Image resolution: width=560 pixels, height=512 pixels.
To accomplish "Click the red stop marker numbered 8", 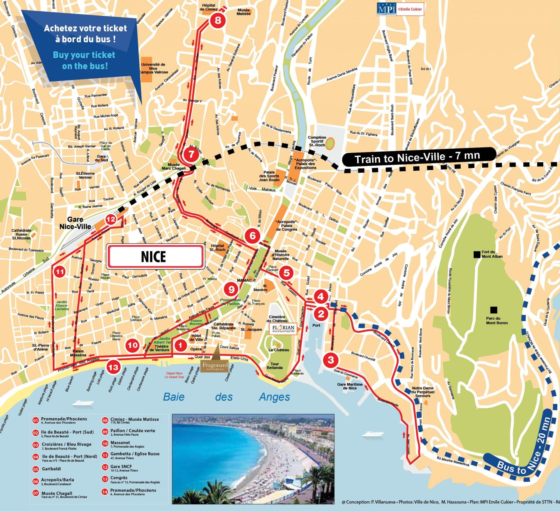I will (x=218, y=21).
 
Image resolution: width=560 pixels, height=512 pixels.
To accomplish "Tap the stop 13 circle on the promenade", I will (x=113, y=367).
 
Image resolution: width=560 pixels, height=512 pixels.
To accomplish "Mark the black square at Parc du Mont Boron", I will (x=493, y=310).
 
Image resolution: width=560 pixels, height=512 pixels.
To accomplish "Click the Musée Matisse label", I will (x=244, y=12).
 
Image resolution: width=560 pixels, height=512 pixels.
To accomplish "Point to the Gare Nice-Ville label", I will (x=75, y=223).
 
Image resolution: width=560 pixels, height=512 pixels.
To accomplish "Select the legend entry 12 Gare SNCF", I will (x=121, y=466).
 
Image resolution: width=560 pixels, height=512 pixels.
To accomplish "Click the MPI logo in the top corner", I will (x=383, y=9).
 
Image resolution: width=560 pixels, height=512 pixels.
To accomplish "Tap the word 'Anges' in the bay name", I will (x=274, y=397).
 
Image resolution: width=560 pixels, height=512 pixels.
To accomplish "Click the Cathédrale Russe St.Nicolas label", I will (x=21, y=234).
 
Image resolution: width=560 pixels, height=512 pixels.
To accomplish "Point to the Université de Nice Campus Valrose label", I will (x=153, y=68).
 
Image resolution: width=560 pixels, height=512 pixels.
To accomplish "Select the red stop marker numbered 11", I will (x=60, y=272).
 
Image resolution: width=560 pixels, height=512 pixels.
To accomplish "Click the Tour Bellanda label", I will (x=275, y=366).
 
